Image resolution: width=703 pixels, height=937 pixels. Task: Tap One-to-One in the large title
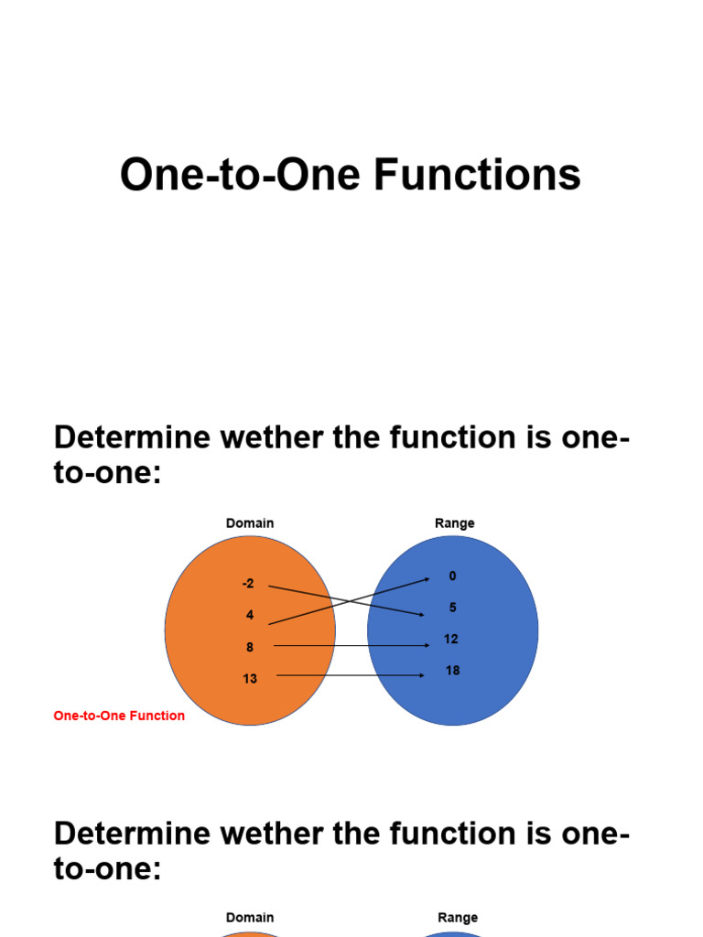point(241,175)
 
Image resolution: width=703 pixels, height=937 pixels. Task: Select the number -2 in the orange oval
point(248,583)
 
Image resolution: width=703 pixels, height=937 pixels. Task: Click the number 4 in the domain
point(250,615)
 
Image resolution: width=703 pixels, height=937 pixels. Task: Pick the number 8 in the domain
point(250,647)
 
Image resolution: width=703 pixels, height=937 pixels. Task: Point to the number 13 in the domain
point(250,679)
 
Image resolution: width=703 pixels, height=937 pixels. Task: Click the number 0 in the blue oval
point(452,576)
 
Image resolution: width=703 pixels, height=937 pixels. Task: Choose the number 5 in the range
point(452,608)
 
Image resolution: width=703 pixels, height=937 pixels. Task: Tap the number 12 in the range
point(451,639)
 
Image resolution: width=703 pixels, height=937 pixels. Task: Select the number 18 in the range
point(452,671)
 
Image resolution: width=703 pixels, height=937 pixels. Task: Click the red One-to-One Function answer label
point(119,716)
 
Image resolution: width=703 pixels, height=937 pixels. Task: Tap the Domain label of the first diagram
point(250,523)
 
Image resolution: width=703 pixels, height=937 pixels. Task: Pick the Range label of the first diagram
point(455,523)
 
